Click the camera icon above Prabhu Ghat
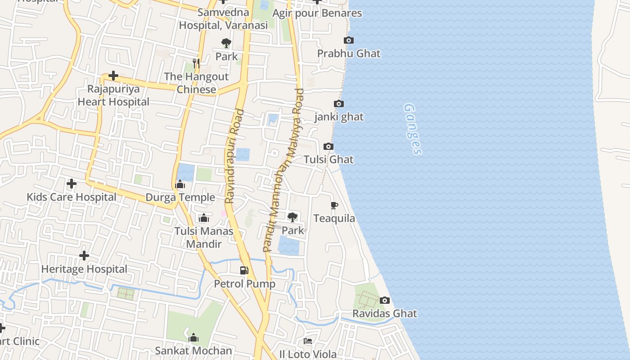[348, 40]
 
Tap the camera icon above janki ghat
[339, 104]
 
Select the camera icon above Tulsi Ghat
[328, 147]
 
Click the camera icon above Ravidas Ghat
[385, 301]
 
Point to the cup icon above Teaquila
[334, 206]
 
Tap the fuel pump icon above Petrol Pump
[244, 270]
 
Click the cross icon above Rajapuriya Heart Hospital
[113, 76]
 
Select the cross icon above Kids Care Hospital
[71, 184]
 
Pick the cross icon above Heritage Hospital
[84, 256]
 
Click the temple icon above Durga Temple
[180, 184]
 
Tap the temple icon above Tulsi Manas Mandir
[204, 218]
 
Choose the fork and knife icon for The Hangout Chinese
[196, 63]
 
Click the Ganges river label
[413, 129]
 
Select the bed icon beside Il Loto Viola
[308, 341]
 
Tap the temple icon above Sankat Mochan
[193, 337]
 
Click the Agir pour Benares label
[317, 13]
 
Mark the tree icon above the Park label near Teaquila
[292, 217]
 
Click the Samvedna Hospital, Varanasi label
[223, 19]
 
